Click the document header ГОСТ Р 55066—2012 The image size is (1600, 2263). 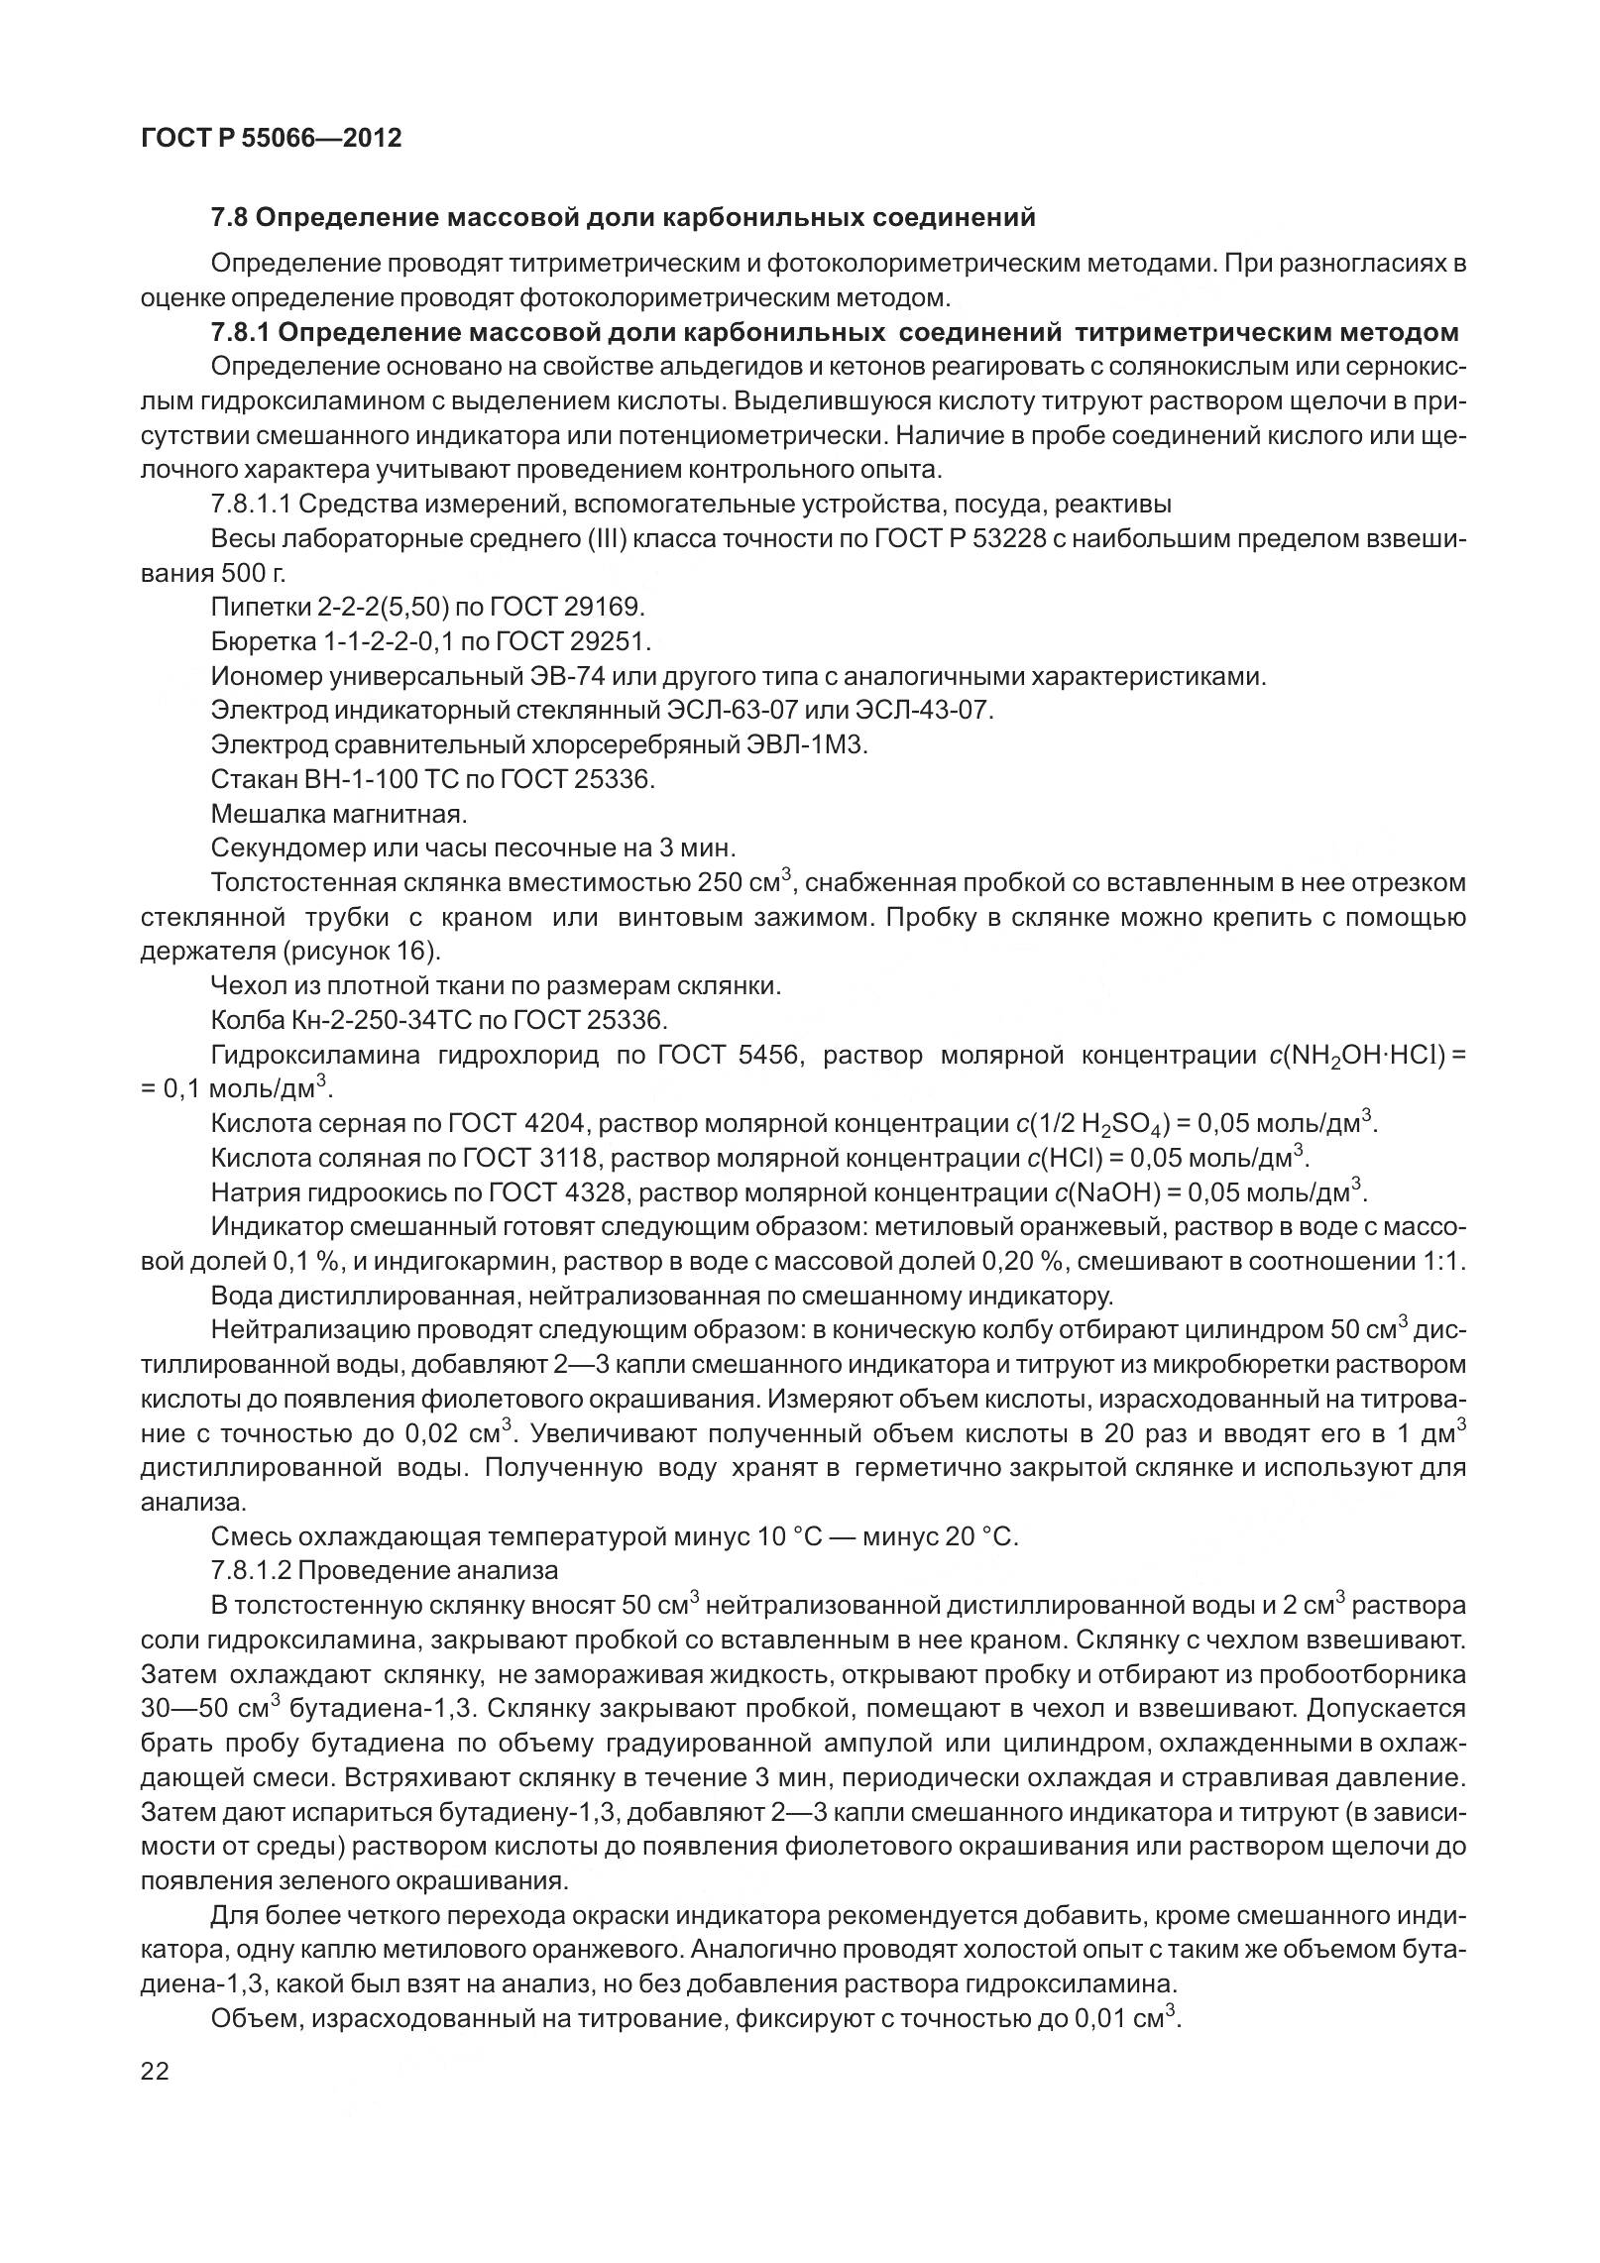click(x=272, y=139)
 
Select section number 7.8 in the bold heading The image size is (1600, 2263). click(x=229, y=217)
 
